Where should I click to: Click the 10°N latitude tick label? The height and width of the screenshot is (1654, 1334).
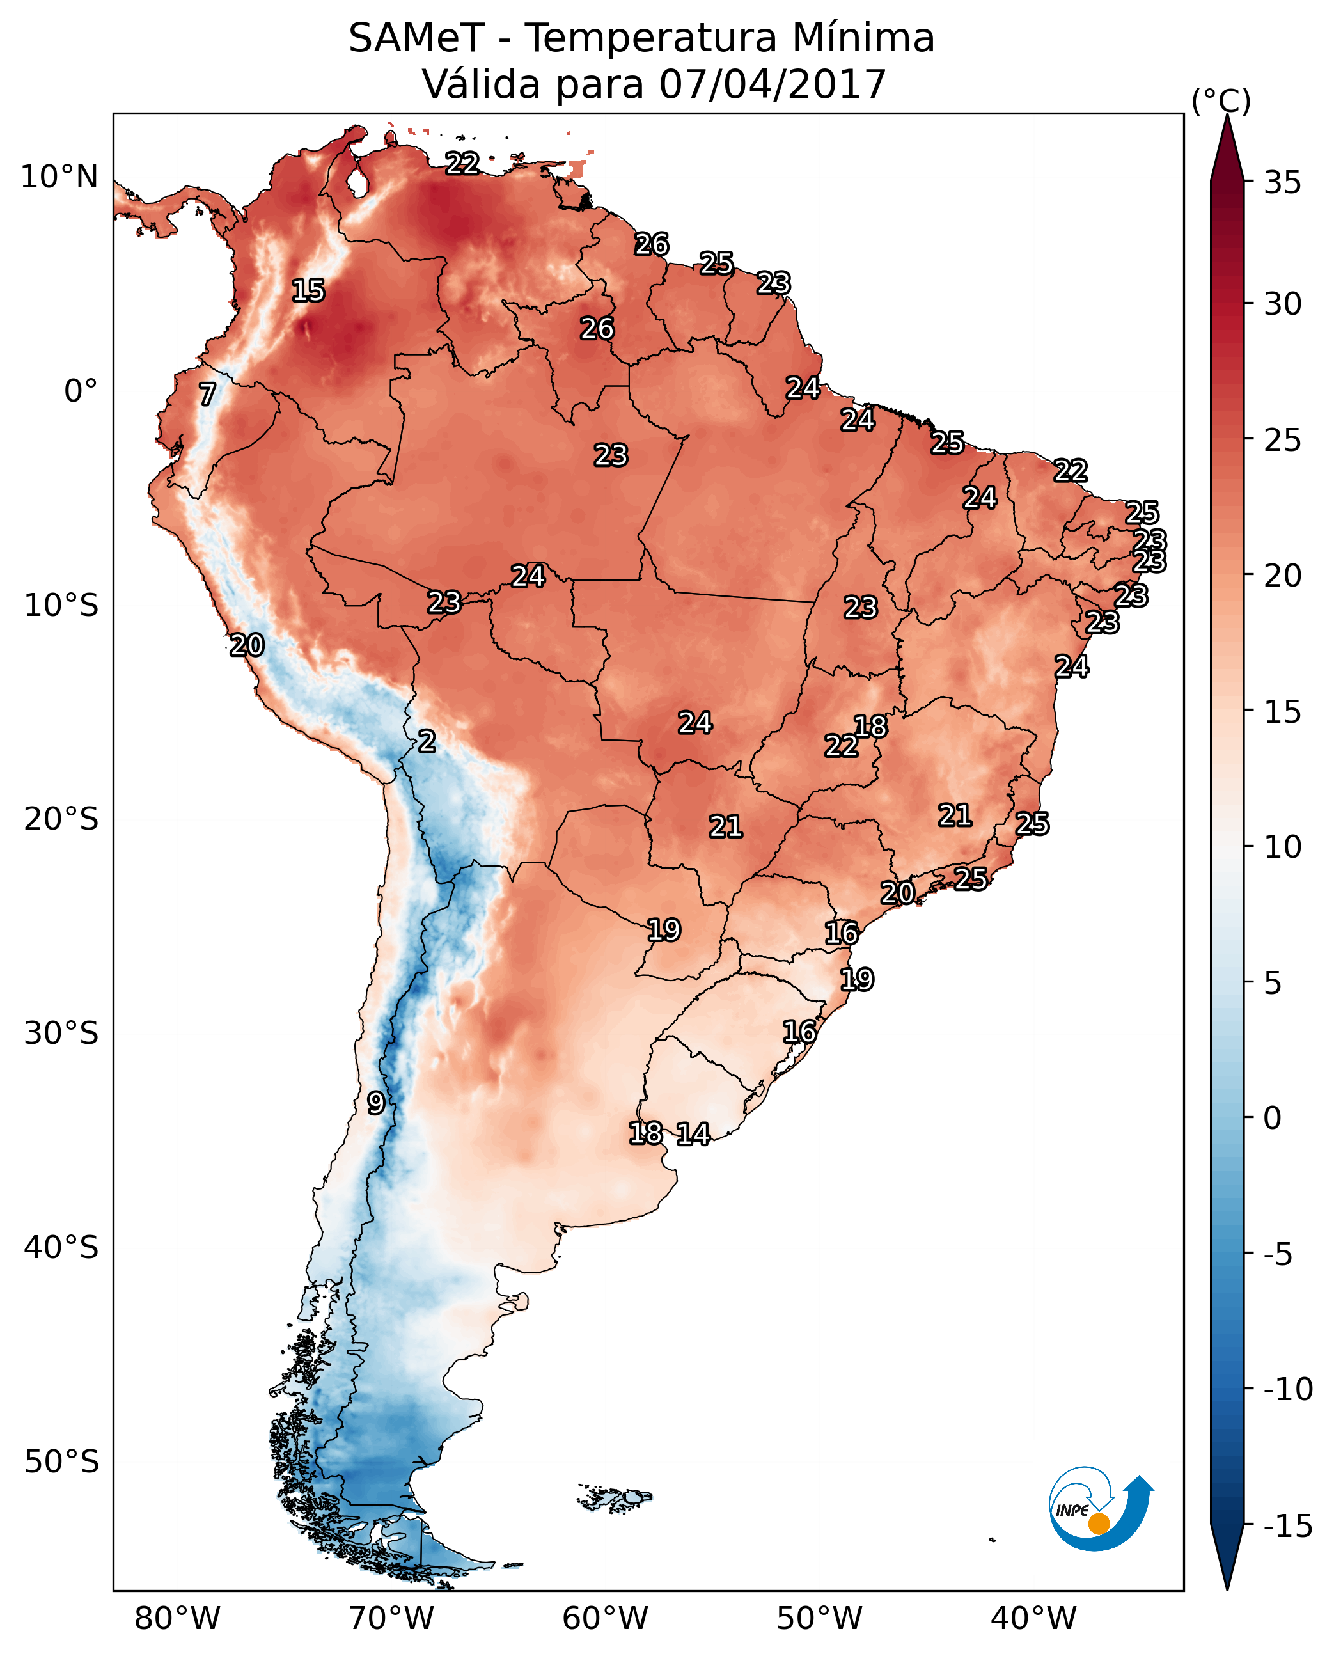pos(59,178)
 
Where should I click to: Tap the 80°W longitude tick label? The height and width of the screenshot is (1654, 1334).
pos(178,1618)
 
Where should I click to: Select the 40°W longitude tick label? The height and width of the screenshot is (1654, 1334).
pos(1033,1618)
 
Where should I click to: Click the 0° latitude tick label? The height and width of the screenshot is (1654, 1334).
pos(81,391)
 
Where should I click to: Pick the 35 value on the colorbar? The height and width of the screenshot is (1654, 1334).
pos(1282,183)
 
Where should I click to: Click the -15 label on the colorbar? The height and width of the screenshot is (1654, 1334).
pos(1288,1525)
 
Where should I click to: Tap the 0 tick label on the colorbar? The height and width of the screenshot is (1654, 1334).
pos(1273,1117)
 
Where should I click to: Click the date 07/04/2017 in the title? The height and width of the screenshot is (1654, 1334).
pos(773,84)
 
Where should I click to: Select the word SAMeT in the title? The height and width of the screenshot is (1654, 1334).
pos(416,38)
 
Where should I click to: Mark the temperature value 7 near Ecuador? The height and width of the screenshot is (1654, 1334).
pos(207,394)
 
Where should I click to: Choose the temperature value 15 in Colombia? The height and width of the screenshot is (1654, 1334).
pos(308,290)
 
